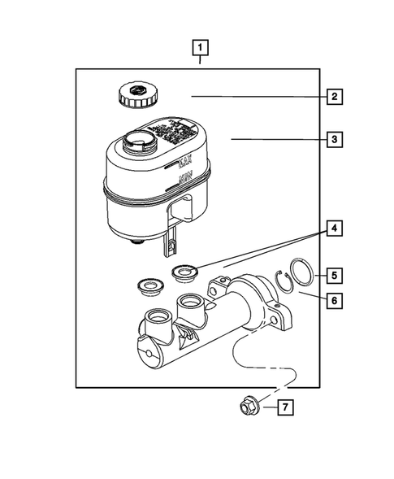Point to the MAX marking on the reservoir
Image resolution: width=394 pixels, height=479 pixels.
click(x=183, y=166)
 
